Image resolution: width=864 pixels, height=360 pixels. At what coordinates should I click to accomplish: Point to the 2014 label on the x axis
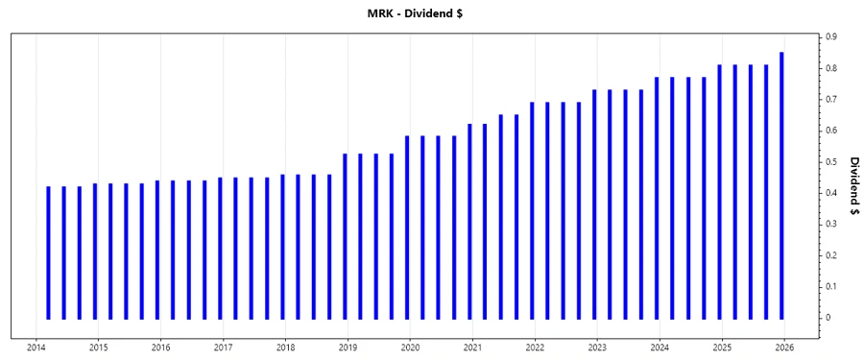(x=36, y=348)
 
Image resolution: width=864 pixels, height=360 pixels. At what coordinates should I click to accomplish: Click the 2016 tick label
(x=161, y=348)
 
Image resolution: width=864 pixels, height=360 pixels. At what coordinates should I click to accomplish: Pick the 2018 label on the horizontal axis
(x=286, y=348)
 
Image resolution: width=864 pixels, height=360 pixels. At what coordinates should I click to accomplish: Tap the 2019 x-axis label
(x=348, y=348)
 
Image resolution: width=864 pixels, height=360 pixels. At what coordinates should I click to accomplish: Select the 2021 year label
(x=473, y=348)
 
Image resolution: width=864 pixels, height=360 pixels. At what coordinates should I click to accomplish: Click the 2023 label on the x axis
(x=598, y=348)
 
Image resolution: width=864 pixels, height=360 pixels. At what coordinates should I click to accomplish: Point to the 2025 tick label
(x=723, y=348)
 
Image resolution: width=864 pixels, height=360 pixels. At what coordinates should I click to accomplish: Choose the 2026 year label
(x=785, y=348)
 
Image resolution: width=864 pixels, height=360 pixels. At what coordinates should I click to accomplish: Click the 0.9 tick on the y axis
(x=831, y=36)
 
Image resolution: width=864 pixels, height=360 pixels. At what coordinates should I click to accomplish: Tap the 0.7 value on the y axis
(x=831, y=99)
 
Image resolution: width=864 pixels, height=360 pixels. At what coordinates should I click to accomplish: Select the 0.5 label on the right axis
(x=831, y=161)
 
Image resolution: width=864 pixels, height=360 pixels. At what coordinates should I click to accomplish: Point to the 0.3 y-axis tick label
(x=831, y=224)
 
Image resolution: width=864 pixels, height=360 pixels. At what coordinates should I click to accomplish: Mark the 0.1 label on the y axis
(x=831, y=286)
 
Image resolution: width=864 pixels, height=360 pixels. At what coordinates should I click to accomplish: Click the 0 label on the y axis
(x=828, y=318)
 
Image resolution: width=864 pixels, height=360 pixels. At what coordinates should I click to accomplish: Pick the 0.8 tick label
(x=831, y=68)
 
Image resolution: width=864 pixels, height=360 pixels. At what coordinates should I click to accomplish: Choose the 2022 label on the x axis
(x=536, y=348)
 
